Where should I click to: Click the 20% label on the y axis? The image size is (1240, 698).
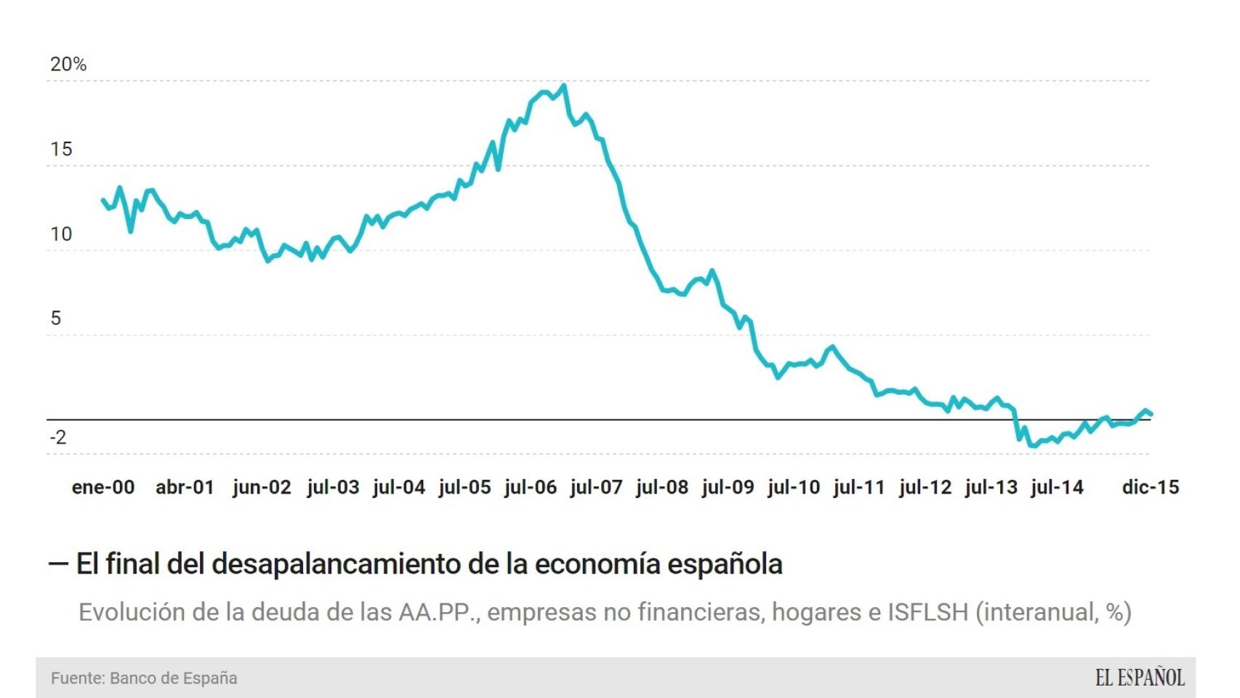point(68,65)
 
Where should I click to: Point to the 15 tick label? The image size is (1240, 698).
point(61,150)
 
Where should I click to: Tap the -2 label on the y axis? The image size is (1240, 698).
point(58,437)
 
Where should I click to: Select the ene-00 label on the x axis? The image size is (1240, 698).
point(103,487)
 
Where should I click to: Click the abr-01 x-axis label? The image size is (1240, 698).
point(185,487)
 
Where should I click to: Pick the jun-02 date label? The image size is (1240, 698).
point(262,487)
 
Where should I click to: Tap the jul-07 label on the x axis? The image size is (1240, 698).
point(596,487)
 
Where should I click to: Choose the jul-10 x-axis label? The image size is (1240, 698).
point(793,487)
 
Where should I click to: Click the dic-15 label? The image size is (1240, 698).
point(1150,487)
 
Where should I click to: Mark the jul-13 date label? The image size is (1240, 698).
point(991,487)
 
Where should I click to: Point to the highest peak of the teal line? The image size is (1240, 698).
point(564,86)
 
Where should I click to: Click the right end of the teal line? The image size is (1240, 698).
point(1151,414)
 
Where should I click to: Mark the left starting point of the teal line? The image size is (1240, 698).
point(102,200)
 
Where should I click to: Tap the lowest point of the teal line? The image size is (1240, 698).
point(1033,446)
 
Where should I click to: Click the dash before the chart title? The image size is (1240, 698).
point(58,564)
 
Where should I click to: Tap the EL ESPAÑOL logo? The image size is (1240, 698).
point(1140,678)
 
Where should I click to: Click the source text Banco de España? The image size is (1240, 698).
point(173,678)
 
